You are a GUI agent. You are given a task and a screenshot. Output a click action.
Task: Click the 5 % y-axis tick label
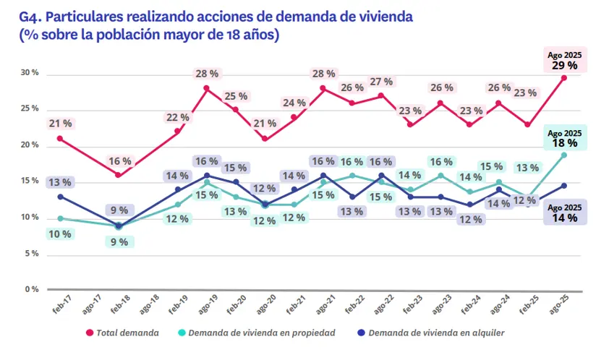click(x=31, y=254)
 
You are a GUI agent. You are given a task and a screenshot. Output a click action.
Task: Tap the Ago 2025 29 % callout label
click(x=564, y=60)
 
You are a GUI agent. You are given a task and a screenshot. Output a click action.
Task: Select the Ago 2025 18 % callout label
click(x=564, y=138)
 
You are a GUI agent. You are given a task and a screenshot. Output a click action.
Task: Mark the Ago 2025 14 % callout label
click(x=564, y=212)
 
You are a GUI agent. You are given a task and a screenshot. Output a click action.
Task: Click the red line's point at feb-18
click(x=118, y=175)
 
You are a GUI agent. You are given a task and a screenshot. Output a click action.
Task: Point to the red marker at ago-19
click(x=206, y=88)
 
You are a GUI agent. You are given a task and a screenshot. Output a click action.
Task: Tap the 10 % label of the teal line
click(x=59, y=233)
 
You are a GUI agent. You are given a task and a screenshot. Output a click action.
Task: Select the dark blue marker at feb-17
click(x=59, y=197)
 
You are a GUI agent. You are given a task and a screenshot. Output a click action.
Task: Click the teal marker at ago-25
click(x=563, y=155)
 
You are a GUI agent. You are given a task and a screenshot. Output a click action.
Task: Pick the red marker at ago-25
click(x=563, y=78)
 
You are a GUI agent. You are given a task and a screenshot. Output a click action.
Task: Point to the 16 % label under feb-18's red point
click(x=120, y=160)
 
